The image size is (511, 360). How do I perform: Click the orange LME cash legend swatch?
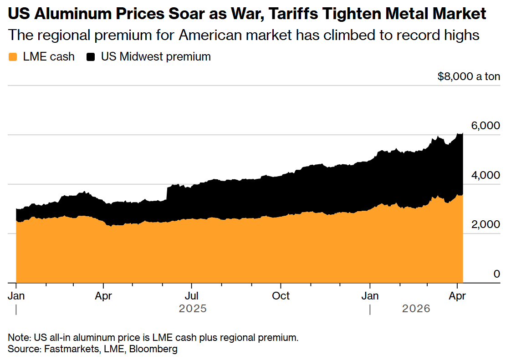[x=13, y=57]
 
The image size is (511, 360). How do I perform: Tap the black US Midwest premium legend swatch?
[x=91, y=57]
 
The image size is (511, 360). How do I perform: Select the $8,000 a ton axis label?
[x=469, y=76]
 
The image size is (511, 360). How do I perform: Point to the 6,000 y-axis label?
[x=485, y=126]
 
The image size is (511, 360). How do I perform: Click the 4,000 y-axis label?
[x=485, y=175]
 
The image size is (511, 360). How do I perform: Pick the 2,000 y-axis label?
[x=485, y=224]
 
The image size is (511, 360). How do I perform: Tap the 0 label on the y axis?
[x=496, y=274]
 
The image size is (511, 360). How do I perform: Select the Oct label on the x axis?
[x=281, y=296]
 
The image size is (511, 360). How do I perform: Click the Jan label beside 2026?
[x=370, y=296]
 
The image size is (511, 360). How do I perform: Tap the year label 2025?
[x=193, y=309]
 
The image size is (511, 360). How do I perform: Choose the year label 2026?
[x=416, y=309]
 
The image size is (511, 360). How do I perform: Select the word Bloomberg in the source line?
[x=156, y=349]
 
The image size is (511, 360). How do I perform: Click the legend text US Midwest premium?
[x=156, y=57]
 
